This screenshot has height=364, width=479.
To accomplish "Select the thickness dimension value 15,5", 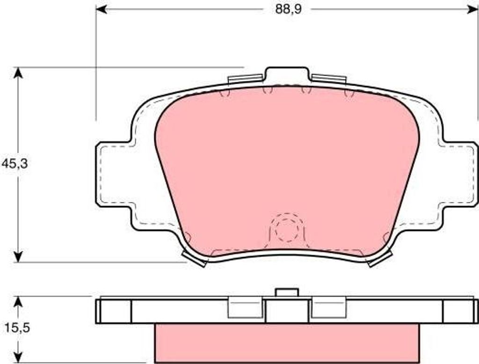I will coord(17,328).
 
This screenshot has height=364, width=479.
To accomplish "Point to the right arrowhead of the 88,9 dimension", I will coord(473,9).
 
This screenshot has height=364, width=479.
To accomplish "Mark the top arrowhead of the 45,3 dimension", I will coord(18,72).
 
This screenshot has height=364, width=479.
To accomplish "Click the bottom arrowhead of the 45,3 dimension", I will coord(18,257).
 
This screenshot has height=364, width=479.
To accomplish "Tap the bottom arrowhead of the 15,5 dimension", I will coord(18,357).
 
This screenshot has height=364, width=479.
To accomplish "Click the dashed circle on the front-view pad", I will coord(287,228).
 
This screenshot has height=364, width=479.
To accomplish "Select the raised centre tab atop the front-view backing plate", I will coord(287,75).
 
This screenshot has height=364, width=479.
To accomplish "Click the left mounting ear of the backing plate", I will coord(114,174).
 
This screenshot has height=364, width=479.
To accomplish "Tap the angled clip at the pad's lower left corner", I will coord(194,258).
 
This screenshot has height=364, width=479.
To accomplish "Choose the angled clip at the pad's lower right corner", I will coord(379,258).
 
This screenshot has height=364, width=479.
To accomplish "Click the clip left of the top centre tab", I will coord(245,79).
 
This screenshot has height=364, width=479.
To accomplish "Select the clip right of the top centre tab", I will coord(329,79).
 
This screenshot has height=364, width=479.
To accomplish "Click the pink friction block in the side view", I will coord(287,343).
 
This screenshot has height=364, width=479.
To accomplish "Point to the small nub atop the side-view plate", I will coord(287,292).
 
